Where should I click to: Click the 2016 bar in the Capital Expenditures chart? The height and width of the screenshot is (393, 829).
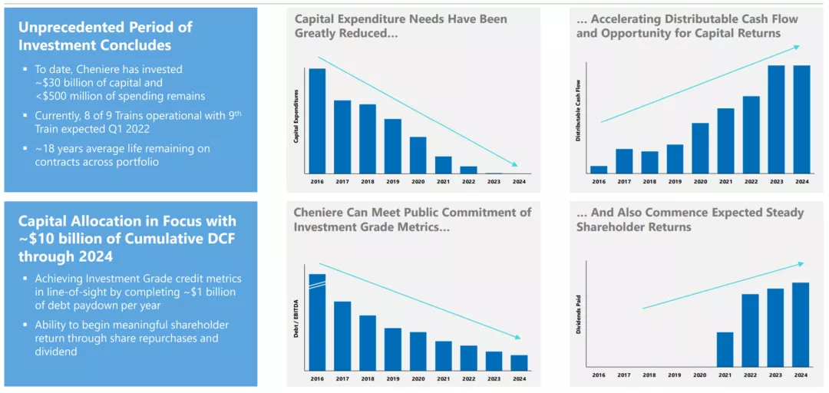point(317,121)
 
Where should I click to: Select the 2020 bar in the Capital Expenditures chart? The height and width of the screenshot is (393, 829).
point(418,155)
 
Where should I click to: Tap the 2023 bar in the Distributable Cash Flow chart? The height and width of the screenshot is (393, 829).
point(776,119)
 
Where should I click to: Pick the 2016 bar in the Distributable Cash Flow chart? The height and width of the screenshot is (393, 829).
point(599,170)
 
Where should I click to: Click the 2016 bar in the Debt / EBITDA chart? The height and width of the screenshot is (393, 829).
point(317,322)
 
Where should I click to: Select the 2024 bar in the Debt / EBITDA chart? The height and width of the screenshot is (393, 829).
point(519,362)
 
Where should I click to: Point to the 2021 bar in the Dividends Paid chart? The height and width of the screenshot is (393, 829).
point(725,350)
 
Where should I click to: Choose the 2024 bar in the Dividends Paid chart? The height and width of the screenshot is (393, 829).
point(801,325)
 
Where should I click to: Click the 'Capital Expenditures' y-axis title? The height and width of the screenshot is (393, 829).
point(296,115)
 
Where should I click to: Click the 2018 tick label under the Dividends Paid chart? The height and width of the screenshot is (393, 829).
point(649,375)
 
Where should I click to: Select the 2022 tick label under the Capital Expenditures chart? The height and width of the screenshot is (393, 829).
point(468,182)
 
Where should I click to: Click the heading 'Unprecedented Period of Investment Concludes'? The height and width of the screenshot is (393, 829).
point(105,35)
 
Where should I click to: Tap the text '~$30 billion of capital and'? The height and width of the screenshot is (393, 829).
point(99,82)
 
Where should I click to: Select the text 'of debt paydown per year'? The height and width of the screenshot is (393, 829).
point(97,305)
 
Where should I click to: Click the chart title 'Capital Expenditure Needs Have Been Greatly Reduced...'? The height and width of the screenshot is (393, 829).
point(401,26)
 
